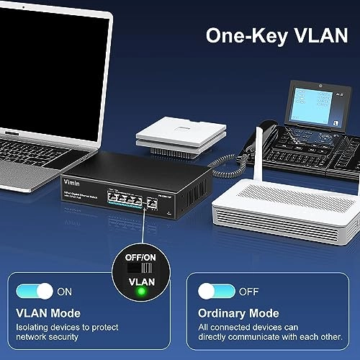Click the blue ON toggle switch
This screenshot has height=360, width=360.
point(35,292)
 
